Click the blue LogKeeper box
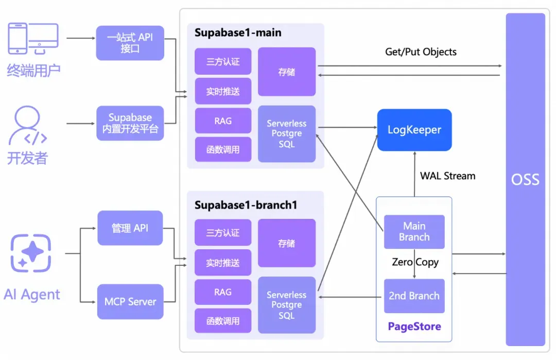click(414, 130)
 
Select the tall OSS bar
click(525, 179)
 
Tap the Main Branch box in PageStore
click(414, 232)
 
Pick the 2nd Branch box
click(414, 296)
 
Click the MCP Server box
click(130, 301)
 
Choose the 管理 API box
click(130, 228)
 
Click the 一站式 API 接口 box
click(130, 43)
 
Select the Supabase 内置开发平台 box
click(130, 123)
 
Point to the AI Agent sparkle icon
click(31, 253)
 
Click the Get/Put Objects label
click(421, 52)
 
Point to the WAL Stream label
click(447, 176)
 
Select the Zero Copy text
click(415, 262)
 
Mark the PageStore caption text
click(414, 327)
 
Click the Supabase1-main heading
click(238, 33)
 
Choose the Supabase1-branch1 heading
click(246, 205)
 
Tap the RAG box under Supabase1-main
click(223, 121)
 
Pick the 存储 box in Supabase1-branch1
click(286, 243)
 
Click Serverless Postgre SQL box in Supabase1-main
click(286, 134)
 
